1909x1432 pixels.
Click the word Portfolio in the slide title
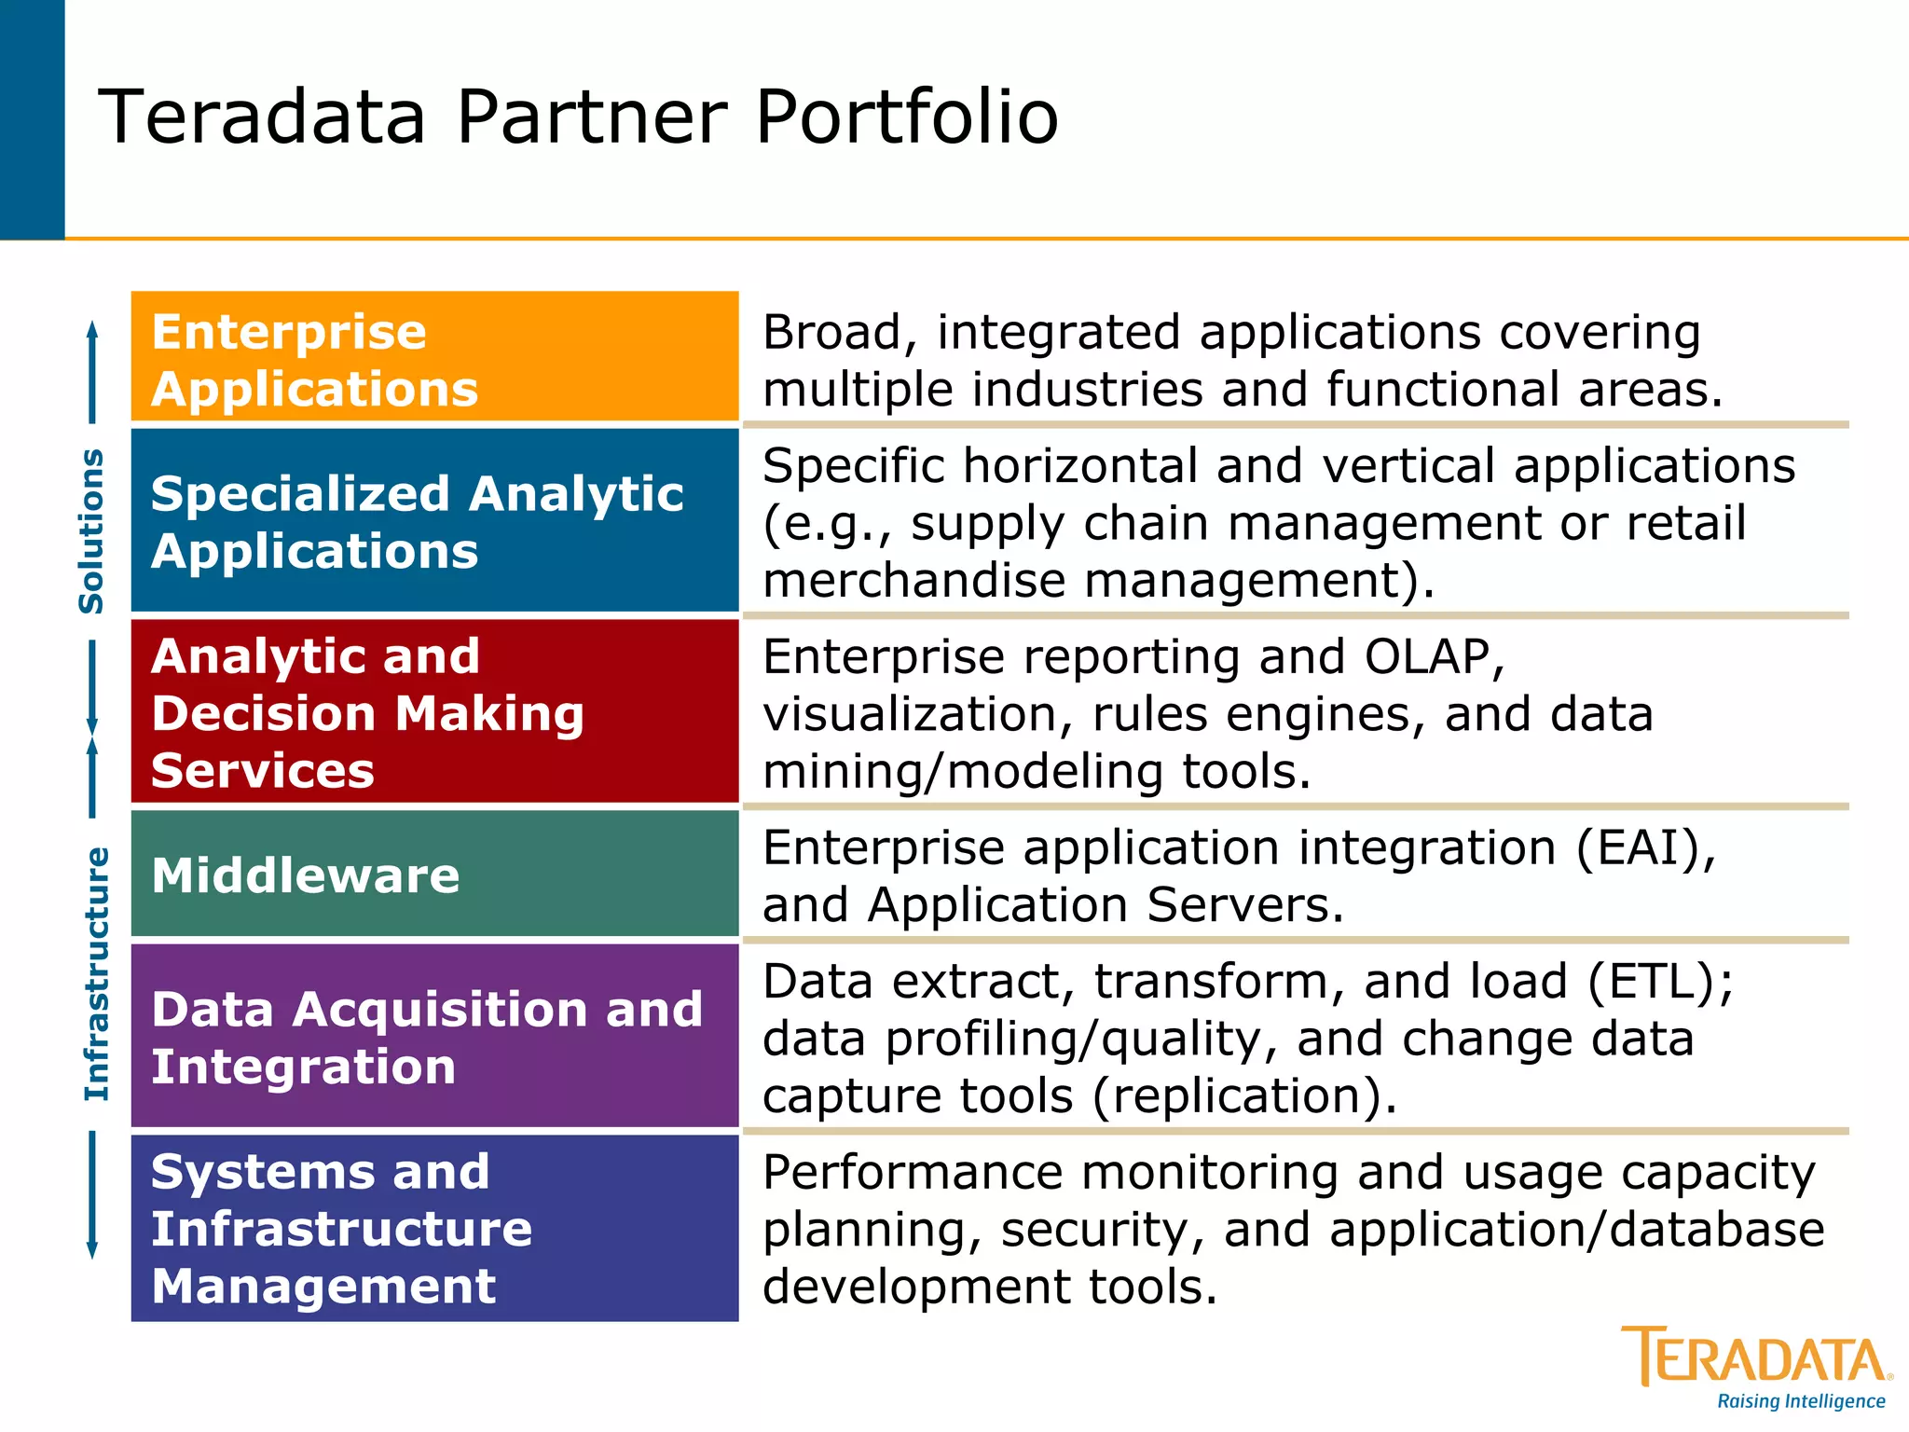click(906, 117)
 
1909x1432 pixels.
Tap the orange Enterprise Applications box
click(434, 358)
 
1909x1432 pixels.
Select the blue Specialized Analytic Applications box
click(434, 521)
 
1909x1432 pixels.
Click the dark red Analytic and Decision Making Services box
click(434, 712)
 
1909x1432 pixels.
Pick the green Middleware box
click(434, 874)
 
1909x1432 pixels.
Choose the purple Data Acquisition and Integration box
click(434, 1037)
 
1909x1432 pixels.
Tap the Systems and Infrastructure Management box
click(434, 1228)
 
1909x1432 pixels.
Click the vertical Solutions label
click(91, 530)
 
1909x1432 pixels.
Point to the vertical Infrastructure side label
click(96, 973)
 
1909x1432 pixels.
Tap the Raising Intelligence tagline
click(1800, 1401)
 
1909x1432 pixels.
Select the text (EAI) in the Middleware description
click(1645, 848)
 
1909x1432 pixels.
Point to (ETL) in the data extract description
click(1659, 982)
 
